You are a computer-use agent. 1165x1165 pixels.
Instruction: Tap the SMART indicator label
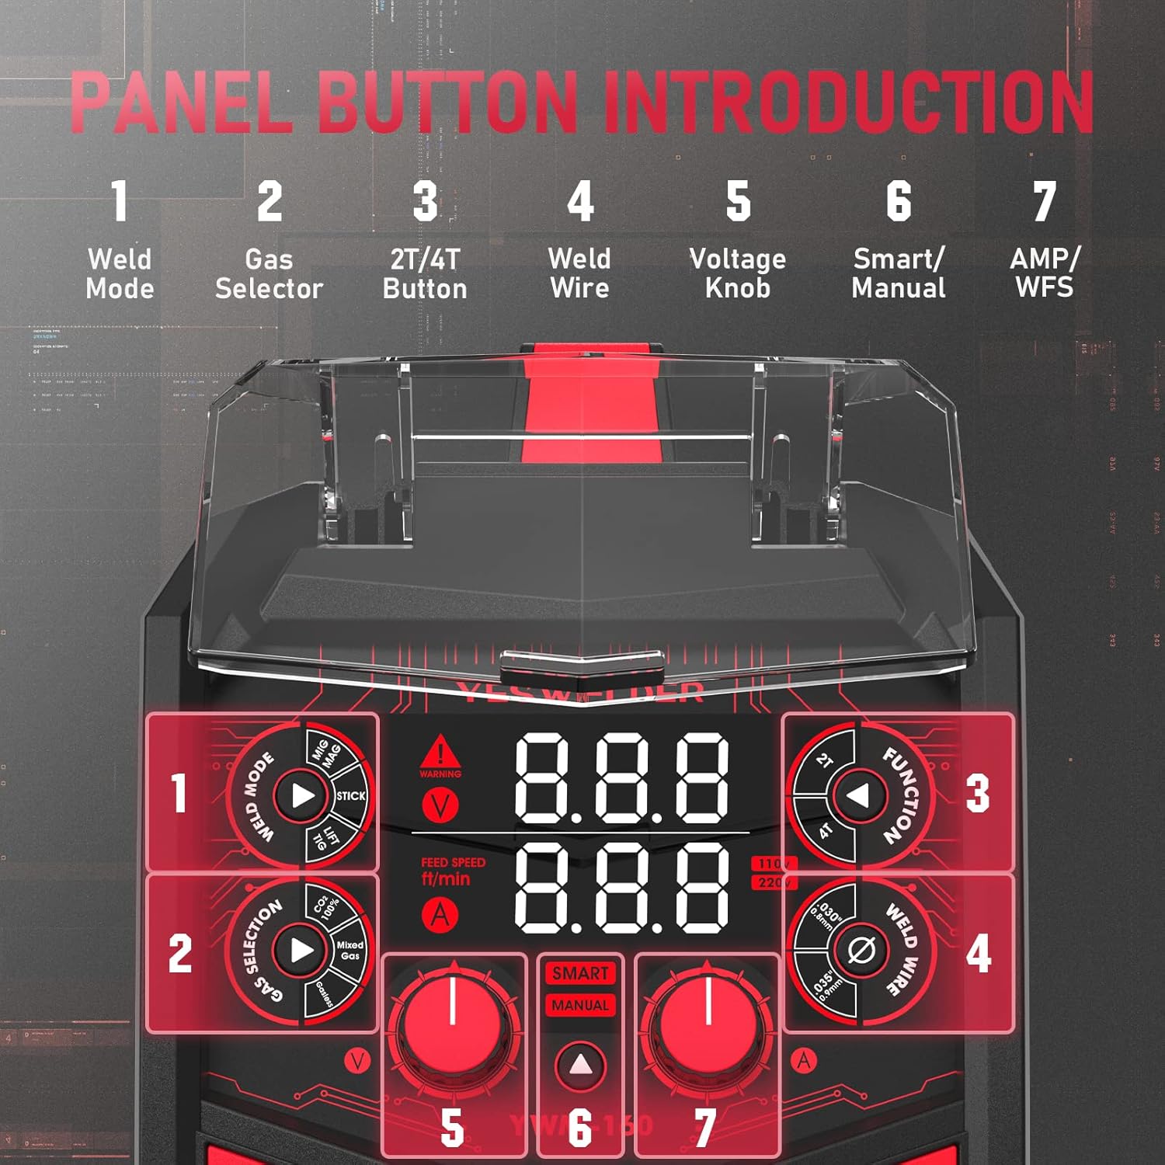[x=580, y=973]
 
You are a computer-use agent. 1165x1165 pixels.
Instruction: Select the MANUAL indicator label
[x=580, y=1005]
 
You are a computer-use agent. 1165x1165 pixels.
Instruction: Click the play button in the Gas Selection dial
[x=301, y=950]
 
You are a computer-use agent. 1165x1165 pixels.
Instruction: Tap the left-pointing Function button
[x=858, y=795]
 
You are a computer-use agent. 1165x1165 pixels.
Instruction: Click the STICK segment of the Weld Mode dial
[x=350, y=795]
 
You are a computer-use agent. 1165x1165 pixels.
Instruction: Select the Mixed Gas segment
[x=349, y=950]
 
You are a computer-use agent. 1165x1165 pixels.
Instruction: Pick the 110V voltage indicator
[x=773, y=864]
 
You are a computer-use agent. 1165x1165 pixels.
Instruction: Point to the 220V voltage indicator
[x=773, y=882]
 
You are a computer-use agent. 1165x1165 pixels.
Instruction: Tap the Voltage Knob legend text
[x=737, y=273]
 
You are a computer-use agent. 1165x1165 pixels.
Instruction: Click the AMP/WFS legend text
[x=1044, y=273]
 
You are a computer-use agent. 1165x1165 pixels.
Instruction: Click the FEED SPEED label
[x=453, y=862]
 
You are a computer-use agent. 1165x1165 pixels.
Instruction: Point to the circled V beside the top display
[x=440, y=805]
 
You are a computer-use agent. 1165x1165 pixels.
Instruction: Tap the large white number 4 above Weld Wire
[x=580, y=201]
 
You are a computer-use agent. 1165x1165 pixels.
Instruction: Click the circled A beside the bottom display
[x=440, y=916]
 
